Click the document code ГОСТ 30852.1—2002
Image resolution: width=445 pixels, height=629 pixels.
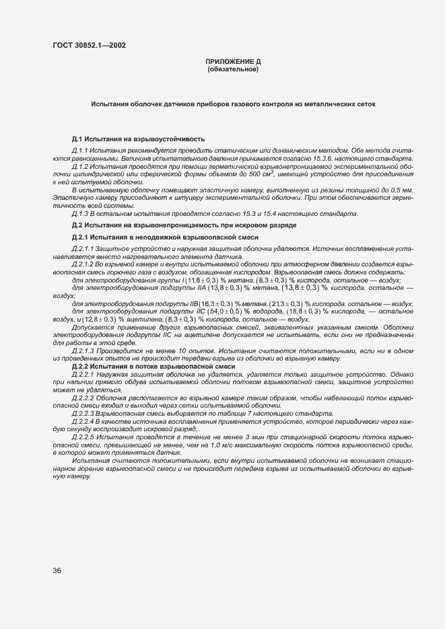coord(88,45)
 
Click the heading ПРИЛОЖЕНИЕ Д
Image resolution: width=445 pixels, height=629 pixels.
coord(233,62)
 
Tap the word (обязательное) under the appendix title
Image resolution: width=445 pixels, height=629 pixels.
coord(233,69)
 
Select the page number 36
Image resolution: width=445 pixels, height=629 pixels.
coord(57,570)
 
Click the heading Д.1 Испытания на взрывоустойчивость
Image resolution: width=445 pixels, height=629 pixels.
coord(138,139)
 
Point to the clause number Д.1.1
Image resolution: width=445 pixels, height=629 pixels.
coord(80,151)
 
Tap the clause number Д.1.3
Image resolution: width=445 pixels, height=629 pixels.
coord(80,214)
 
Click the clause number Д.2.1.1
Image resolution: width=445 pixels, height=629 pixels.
coord(83,249)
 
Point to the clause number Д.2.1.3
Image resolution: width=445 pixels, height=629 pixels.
coord(83,351)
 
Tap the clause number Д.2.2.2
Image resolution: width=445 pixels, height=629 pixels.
coord(83,397)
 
